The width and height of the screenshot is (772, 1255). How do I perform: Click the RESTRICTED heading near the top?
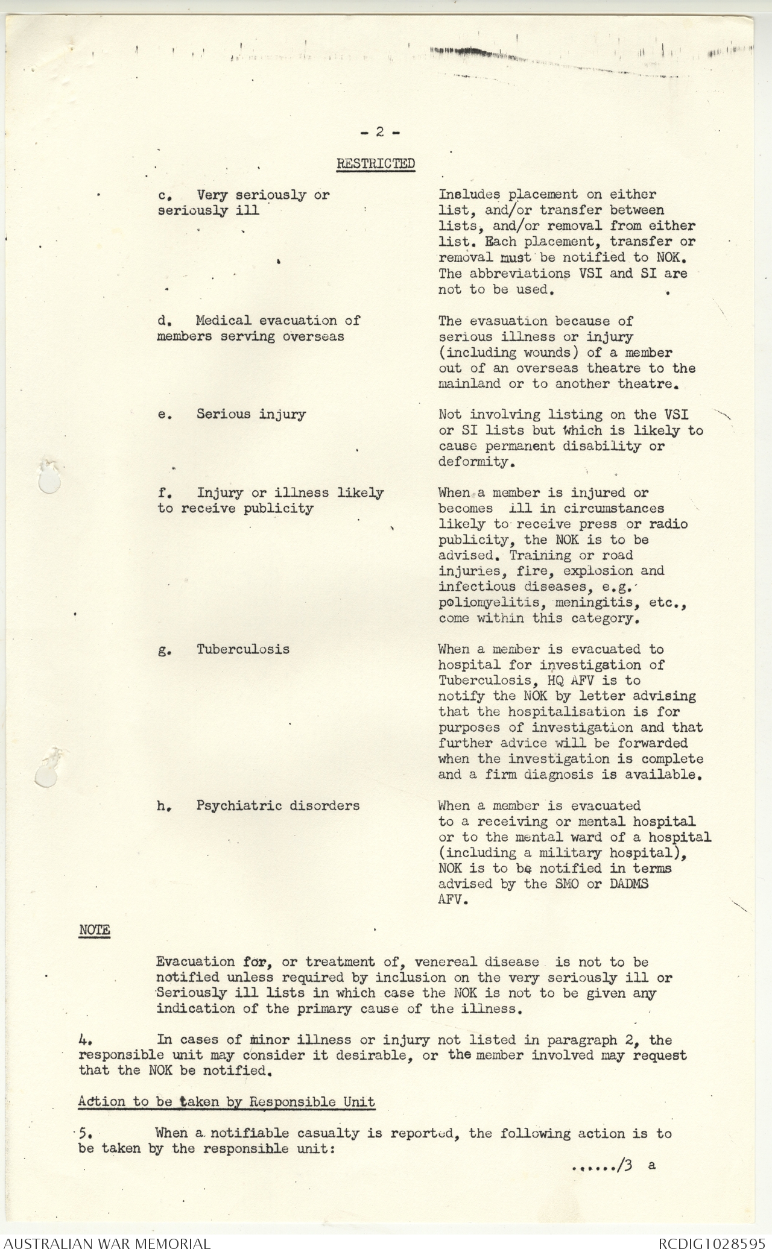[x=375, y=163]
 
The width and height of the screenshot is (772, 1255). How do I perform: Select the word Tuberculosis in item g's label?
[x=242, y=649]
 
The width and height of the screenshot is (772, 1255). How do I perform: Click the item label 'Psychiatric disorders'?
[x=277, y=805]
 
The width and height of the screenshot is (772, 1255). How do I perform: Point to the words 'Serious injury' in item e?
[x=251, y=414]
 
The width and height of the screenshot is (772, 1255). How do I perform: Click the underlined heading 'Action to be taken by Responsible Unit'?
[x=226, y=1101]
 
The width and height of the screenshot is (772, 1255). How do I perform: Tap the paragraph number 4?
[x=84, y=1040]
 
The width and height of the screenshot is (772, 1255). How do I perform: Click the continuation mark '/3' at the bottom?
[x=624, y=1165]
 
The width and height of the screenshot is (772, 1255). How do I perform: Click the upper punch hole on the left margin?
[x=48, y=478]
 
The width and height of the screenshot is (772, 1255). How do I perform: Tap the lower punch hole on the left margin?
[x=46, y=770]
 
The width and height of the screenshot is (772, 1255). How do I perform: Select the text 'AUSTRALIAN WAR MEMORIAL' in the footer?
[x=107, y=1243]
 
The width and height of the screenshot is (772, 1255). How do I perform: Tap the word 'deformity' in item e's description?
[x=473, y=462]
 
